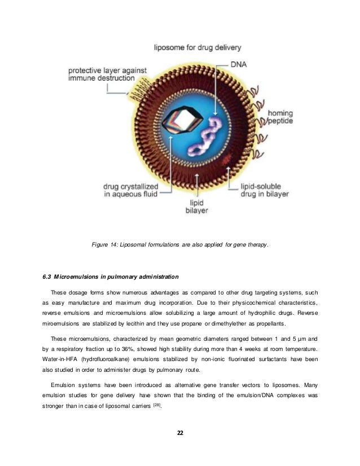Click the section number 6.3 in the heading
pos(47,276)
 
